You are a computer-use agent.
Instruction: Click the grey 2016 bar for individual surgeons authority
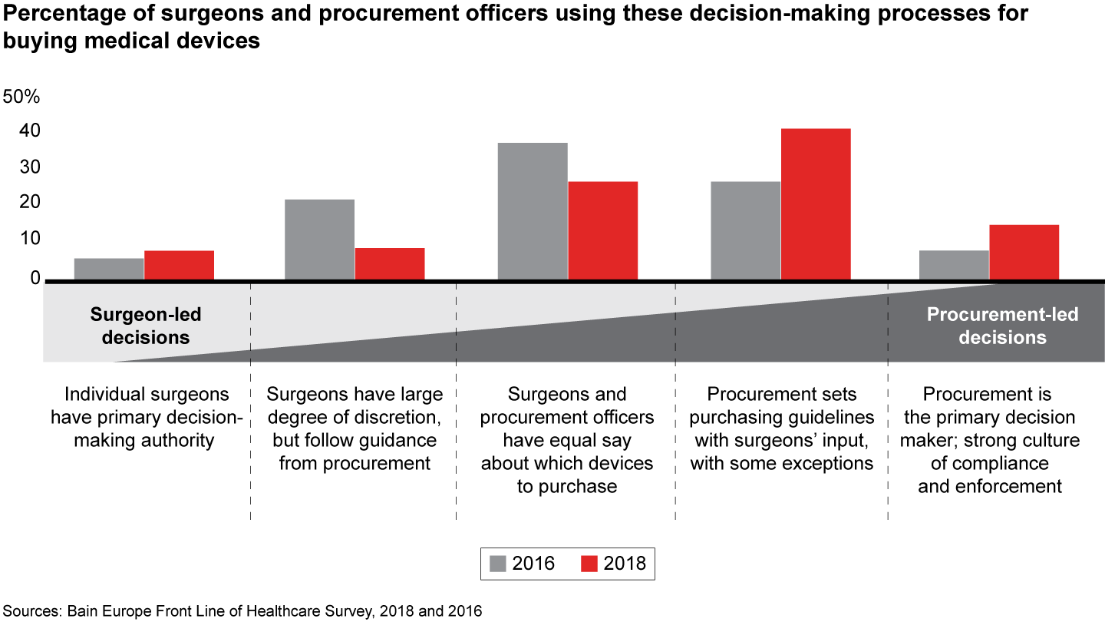pyautogui.click(x=109, y=269)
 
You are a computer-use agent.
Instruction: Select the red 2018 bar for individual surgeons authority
pyautogui.click(x=179, y=265)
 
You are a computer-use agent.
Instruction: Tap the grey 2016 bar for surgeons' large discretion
pyautogui.click(x=319, y=240)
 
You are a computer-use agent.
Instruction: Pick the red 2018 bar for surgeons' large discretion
pyautogui.click(x=389, y=263)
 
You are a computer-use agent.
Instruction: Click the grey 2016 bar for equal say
pyautogui.click(x=533, y=211)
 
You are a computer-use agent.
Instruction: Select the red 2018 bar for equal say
pyautogui.click(x=602, y=230)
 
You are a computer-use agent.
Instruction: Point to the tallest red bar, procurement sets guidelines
pyautogui.click(x=816, y=204)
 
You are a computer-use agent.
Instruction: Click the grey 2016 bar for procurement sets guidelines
pyautogui.click(x=745, y=230)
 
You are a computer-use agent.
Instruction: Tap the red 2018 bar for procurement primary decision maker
pyautogui.click(x=1024, y=252)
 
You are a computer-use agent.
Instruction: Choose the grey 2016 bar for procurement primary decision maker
pyautogui.click(x=954, y=265)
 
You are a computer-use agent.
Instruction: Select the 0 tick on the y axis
pyautogui.click(x=35, y=278)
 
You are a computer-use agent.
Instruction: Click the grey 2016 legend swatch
pyautogui.click(x=497, y=564)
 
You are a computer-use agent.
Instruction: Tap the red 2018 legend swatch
pyautogui.click(x=589, y=564)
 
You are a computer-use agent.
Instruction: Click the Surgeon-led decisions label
pyautogui.click(x=146, y=326)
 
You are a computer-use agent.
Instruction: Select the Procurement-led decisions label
pyautogui.click(x=1002, y=326)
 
